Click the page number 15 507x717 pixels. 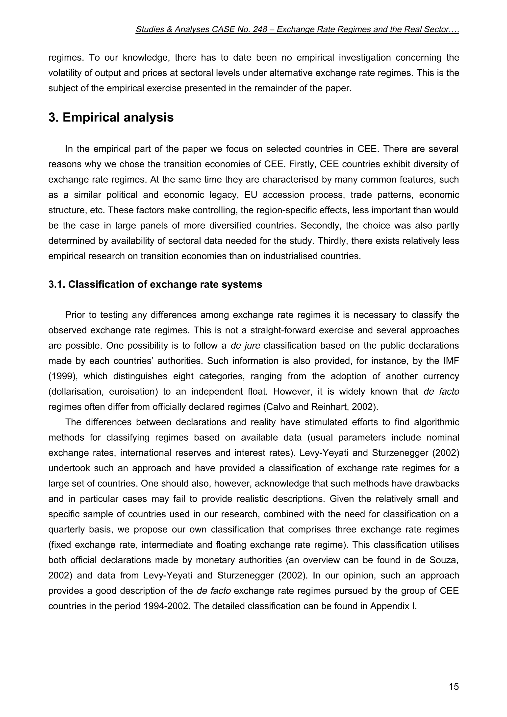(x=454, y=687)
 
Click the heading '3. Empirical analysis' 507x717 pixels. (x=111, y=118)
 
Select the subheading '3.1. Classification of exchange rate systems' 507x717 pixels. (x=155, y=285)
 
